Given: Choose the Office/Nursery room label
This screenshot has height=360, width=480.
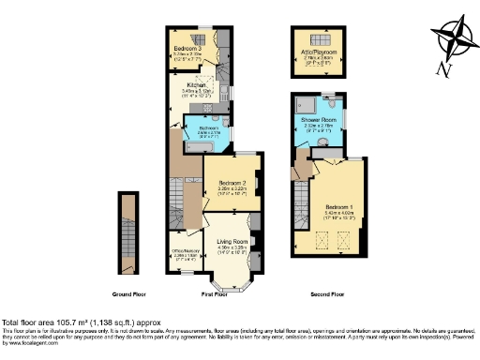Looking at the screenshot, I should pos(186,249).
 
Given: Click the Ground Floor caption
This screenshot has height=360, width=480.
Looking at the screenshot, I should pos(127,294).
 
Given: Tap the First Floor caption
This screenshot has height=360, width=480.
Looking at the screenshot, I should pos(215,294).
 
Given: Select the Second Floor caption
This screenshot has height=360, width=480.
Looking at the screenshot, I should pos(328,294).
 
